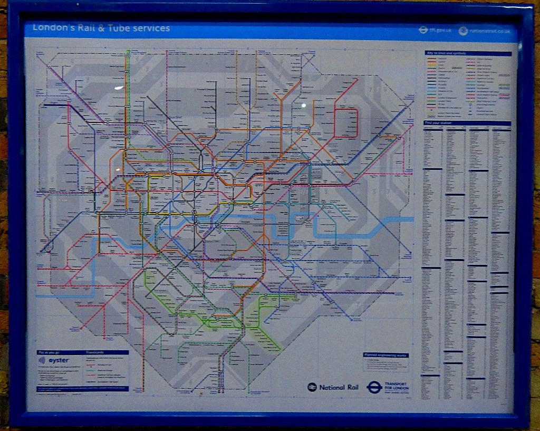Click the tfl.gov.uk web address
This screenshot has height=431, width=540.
point(441,31)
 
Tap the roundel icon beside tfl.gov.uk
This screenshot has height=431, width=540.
point(423,31)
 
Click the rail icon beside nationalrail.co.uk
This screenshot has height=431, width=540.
point(463,31)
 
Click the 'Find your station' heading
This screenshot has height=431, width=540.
point(440,123)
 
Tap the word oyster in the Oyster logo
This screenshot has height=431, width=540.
point(59,360)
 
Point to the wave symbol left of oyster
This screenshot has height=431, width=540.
point(42,360)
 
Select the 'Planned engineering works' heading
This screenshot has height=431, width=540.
point(385,355)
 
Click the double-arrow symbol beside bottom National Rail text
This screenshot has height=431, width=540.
point(312,387)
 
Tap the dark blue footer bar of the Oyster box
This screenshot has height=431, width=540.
point(82,389)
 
